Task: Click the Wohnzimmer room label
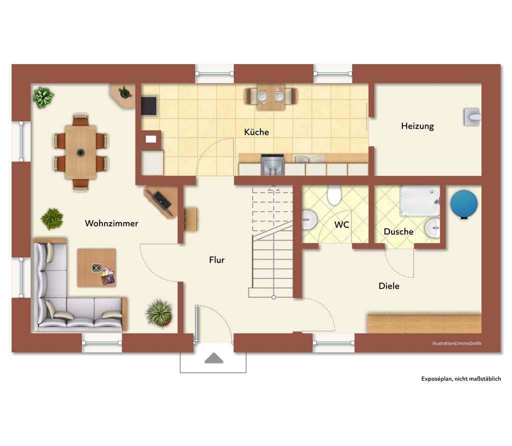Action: [111, 223]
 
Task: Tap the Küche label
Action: [256, 132]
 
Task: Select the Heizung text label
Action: [417, 126]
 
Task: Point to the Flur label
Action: [217, 260]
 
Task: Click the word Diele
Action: [388, 286]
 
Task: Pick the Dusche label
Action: [398, 231]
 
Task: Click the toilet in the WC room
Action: [334, 195]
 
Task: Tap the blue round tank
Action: [463, 204]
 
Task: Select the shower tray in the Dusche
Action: [420, 201]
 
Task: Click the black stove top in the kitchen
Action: [149, 105]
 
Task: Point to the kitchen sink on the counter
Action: [308, 159]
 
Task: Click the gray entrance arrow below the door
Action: [214, 358]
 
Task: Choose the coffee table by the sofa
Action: [96, 267]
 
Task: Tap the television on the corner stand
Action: [162, 200]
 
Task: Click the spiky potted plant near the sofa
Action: [159, 313]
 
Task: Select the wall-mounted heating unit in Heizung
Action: [472, 116]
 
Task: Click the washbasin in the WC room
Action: [309, 219]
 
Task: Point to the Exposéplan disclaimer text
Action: [460, 378]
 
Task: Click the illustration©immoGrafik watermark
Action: [456, 343]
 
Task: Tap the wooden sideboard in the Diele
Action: [424, 323]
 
